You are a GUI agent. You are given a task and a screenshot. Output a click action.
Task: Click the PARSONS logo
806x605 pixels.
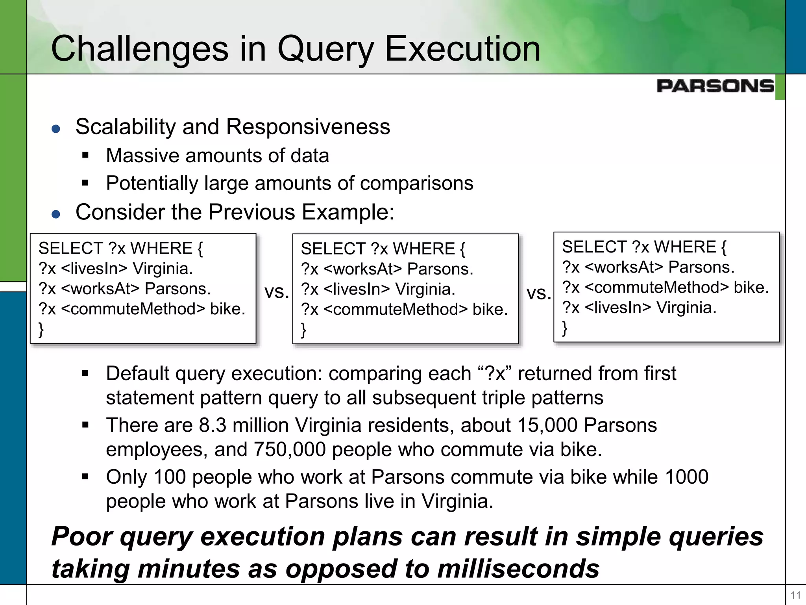coord(715,86)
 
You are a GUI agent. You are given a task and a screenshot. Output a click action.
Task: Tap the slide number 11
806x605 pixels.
coord(795,595)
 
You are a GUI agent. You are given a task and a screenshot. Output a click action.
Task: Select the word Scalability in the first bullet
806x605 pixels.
coord(126,127)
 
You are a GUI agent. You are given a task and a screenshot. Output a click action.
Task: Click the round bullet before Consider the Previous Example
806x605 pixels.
coord(56,214)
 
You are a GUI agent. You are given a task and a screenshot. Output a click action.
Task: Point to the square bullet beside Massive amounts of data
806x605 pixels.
coord(85,156)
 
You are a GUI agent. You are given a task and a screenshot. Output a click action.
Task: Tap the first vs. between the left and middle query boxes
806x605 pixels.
coord(277,291)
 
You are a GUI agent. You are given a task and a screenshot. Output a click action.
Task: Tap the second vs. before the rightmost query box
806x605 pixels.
coord(539,293)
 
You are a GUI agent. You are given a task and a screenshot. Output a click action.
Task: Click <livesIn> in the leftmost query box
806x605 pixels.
coord(94,269)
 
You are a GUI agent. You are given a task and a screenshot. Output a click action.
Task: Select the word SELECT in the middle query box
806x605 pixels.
coord(333,249)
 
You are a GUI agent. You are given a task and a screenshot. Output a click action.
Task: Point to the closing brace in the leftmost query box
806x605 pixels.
coord(41,329)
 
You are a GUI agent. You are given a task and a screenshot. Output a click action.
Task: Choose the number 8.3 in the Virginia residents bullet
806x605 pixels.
coord(213,425)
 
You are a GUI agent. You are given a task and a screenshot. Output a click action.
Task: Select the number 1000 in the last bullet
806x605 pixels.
coord(686,477)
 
